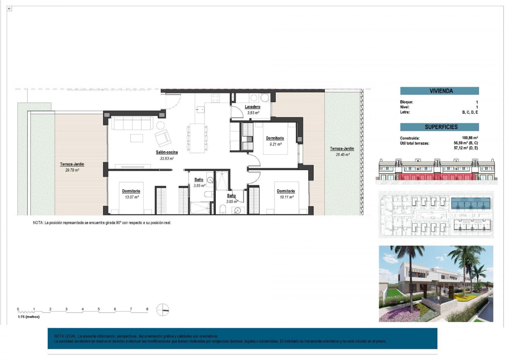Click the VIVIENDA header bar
(439, 91)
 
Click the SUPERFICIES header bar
(439, 127)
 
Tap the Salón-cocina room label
(167, 152)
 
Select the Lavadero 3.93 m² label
(253, 109)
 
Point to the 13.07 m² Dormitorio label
(131, 194)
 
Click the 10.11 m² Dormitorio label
(286, 194)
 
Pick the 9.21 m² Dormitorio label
(275, 141)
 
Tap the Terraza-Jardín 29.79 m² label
(72, 167)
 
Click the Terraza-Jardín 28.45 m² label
(342, 151)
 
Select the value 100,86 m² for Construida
(470, 138)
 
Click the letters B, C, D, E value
(470, 112)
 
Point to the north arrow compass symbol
(163, 310)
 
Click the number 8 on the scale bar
(147, 309)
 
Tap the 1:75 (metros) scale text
(29, 317)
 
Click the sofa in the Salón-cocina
(131, 124)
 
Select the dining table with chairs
(197, 138)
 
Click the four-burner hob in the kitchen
(215, 98)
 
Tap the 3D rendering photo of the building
(436, 283)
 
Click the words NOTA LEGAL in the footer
(65, 336)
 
